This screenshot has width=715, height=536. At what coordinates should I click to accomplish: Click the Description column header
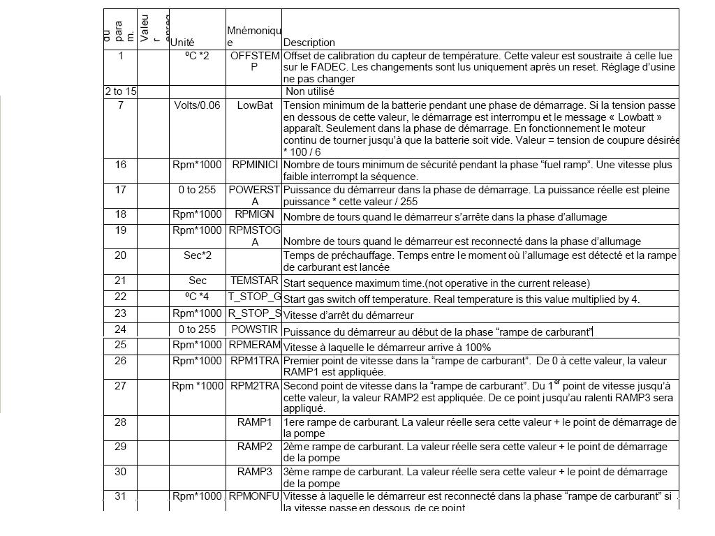309,43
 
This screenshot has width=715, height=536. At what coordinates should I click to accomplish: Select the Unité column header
182,43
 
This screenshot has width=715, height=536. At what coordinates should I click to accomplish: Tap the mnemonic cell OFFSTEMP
254,61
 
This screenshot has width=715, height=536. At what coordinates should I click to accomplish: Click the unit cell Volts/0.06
197,105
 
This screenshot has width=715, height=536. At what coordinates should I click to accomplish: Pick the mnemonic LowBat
254,105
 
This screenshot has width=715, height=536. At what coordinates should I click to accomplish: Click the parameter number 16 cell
121,165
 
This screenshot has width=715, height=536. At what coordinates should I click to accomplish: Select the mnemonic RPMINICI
254,165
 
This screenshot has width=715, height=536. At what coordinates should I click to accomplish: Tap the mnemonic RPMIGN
254,214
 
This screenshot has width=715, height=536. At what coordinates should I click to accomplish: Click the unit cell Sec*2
198,255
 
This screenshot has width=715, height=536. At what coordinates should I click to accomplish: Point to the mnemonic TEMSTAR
254,281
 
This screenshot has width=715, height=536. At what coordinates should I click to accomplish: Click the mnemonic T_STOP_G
254,297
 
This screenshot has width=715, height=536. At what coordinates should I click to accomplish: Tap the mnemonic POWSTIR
254,329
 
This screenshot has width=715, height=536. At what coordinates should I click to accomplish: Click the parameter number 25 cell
121,345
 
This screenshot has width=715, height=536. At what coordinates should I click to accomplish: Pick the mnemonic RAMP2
254,447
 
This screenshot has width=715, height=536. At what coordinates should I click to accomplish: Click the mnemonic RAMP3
254,472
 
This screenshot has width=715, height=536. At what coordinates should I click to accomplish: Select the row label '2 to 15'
121,91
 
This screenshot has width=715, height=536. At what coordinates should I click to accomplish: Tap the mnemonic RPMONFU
254,496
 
